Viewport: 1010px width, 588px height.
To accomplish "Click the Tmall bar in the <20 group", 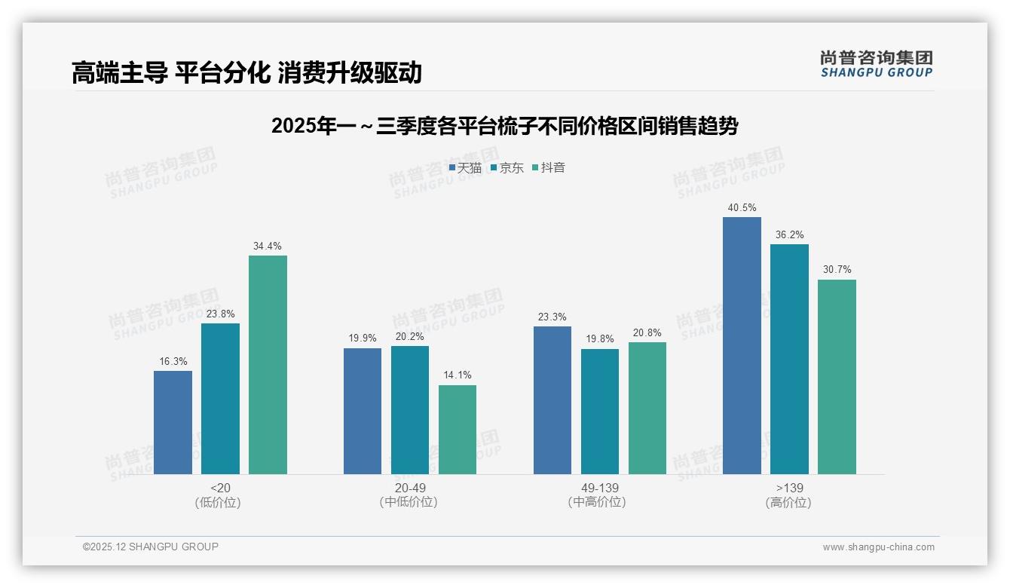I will (x=173, y=422).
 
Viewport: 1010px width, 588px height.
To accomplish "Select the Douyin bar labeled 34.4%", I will (x=268, y=365).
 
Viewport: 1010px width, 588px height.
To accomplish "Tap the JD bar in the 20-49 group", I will (x=409, y=410).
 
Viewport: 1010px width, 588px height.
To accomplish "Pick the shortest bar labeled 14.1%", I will (x=457, y=430).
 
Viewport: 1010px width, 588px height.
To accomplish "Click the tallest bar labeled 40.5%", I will (x=742, y=345).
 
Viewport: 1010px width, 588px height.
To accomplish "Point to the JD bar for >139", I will (x=789, y=359).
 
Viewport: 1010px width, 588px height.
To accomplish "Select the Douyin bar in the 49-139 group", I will (x=647, y=408).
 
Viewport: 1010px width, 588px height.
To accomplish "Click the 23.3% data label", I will (x=552, y=317).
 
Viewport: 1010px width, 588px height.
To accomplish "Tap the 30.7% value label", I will (x=837, y=270).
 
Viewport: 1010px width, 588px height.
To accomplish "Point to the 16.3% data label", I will (x=173, y=362).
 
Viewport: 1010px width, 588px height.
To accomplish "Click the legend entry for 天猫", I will (x=465, y=168).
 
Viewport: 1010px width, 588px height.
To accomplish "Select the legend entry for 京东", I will (x=507, y=168).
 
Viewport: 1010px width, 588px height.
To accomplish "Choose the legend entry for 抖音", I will (x=549, y=168).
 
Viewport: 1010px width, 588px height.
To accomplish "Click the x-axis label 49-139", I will (x=600, y=488).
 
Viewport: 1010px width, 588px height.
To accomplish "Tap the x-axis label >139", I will (x=788, y=488).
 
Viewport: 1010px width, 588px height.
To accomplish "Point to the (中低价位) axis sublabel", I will (x=409, y=502).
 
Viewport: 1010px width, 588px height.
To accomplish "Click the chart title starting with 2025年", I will (x=504, y=126).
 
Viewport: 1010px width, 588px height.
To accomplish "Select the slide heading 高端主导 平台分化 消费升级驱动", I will (x=246, y=72).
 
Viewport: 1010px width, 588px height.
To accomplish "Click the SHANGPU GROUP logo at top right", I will (x=876, y=63).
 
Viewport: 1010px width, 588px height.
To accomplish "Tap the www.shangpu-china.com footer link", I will (x=878, y=547).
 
